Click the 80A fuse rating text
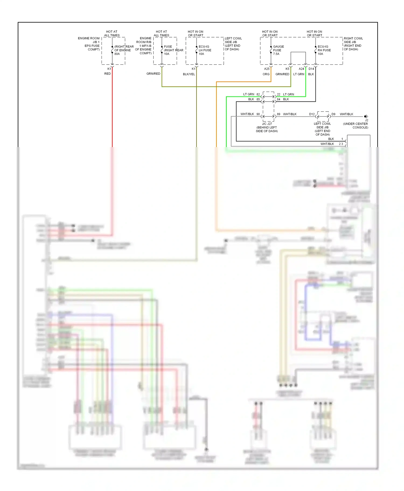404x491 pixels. (117, 54)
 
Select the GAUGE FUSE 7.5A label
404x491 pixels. (278, 50)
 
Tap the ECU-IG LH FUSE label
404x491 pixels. (205, 50)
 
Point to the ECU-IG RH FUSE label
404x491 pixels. (324, 50)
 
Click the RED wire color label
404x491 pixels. (107, 74)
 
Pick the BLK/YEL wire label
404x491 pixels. (189, 74)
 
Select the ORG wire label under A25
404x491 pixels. (266, 74)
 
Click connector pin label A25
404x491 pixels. (267, 69)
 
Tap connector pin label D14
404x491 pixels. (311, 69)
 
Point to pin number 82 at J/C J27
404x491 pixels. (258, 94)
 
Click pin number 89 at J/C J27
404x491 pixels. (278, 114)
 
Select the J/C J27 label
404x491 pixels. (267, 124)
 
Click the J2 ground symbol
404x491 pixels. (366, 116)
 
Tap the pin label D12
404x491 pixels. (312, 114)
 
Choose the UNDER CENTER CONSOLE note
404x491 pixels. (356, 126)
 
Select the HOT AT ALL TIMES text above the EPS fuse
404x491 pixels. (112, 33)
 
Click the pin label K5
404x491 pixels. (287, 69)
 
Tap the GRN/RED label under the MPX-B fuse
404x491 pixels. (153, 74)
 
